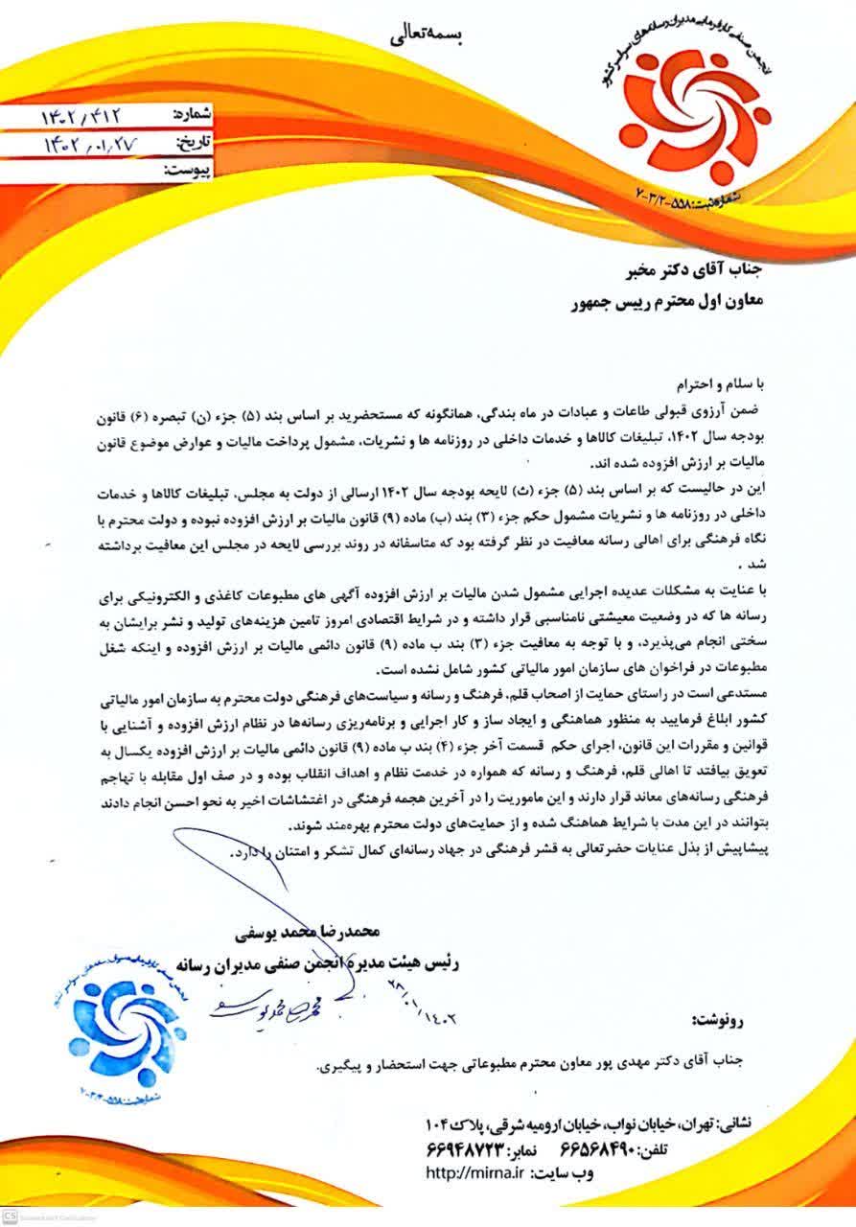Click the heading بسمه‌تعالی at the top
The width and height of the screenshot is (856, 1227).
[x=429, y=37]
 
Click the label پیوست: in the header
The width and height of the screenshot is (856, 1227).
[x=188, y=171]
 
